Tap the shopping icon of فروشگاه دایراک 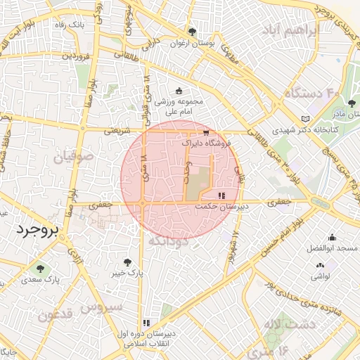point(205,131)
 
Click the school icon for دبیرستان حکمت point(221,195)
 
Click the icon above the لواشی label point(321,265)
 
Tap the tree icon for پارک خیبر point(127,261)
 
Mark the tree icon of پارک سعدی point(39,268)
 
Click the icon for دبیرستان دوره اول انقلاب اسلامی point(146,323)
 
